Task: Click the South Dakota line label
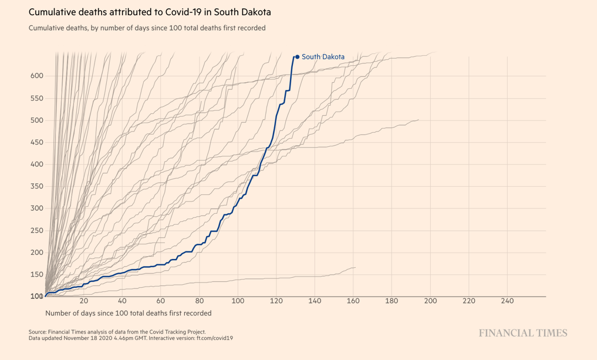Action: tap(323, 57)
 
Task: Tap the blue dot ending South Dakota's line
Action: tap(298, 57)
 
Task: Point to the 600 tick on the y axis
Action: tap(37, 76)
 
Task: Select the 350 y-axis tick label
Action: tap(37, 186)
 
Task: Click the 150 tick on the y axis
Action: tap(37, 274)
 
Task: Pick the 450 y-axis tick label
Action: tap(37, 142)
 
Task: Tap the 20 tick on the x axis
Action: tap(83, 301)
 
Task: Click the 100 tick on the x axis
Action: tap(238, 301)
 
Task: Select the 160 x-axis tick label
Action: tap(353, 301)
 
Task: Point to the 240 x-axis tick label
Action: tap(507, 301)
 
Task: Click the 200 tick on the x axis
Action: tap(430, 301)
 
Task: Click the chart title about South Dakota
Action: tap(150, 12)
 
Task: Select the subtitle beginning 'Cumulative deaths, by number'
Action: tap(147, 28)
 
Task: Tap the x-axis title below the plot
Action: tap(128, 313)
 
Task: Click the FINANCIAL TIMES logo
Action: tap(523, 333)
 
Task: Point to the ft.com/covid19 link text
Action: tap(215, 338)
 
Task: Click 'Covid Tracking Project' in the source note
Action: tap(173, 332)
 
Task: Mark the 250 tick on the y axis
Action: tap(37, 230)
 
